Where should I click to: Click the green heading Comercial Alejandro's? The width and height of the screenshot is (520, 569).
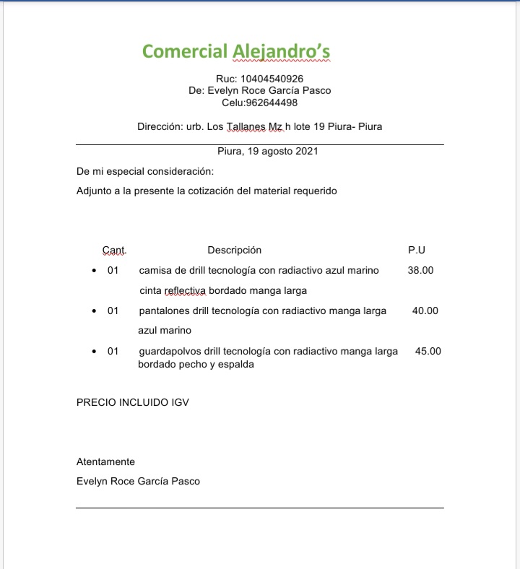[236, 52]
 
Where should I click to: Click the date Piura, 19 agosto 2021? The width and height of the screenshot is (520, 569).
[267, 152]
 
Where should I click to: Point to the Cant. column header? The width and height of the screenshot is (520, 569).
[113, 251]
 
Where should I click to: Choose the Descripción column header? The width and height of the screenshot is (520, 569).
[234, 250]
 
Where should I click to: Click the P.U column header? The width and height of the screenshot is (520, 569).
[417, 250]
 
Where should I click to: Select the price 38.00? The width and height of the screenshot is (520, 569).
[420, 270]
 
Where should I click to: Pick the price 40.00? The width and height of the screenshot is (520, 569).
[425, 310]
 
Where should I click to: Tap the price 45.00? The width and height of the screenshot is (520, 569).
[428, 351]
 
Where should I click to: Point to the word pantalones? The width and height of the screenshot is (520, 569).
[164, 311]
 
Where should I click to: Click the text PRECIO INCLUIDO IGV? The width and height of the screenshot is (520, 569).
[133, 402]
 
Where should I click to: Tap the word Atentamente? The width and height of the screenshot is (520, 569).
[105, 462]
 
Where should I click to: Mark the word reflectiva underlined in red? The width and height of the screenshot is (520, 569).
[186, 291]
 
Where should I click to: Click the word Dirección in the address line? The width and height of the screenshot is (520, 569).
[159, 126]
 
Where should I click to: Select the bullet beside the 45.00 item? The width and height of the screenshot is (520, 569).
[95, 352]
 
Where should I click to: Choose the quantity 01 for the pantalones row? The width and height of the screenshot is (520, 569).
[113, 311]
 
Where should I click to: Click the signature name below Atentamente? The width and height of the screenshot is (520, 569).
[138, 482]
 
